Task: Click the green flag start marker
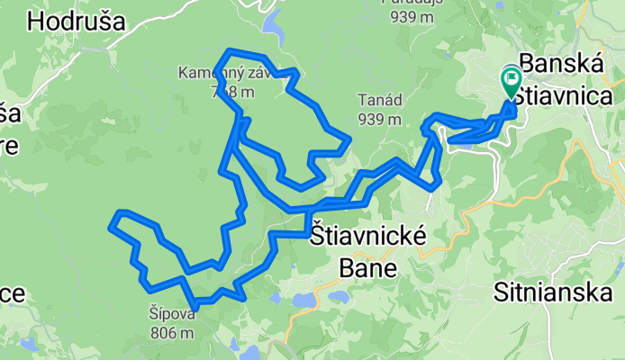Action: tap(510, 80)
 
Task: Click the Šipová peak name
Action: tap(172, 315)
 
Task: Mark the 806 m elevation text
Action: tap(172, 332)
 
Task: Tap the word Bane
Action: tap(367, 267)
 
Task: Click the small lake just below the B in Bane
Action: tap(340, 295)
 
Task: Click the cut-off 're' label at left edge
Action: tap(8, 147)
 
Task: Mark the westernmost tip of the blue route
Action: tap(111, 227)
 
